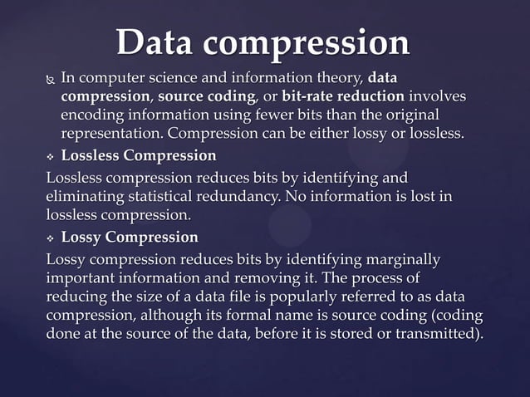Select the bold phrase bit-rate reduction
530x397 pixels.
pos(343,97)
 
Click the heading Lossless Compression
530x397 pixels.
pos(139,155)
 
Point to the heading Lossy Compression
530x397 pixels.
pos(130,238)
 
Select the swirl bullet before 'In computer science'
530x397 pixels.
pos(50,80)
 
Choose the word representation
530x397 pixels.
pos(111,134)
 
